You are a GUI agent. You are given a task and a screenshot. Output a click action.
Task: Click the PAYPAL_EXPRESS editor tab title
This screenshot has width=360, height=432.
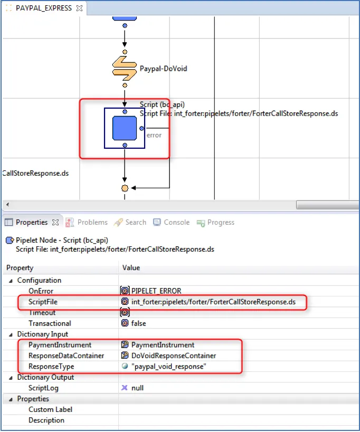point(44,8)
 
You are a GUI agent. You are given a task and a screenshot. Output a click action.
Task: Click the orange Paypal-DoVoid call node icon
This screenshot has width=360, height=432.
point(125,69)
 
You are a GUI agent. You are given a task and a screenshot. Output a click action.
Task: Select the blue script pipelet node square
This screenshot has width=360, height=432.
point(125,128)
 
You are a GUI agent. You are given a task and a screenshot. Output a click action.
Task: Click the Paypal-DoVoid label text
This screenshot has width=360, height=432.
point(163,69)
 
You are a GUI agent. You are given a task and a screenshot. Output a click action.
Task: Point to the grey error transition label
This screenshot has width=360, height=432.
point(154,135)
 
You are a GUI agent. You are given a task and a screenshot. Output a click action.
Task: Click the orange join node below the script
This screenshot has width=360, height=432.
point(125,188)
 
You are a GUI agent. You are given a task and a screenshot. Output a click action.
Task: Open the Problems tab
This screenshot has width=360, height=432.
point(92,222)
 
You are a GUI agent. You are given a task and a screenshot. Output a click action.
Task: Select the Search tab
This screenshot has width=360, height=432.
point(136,222)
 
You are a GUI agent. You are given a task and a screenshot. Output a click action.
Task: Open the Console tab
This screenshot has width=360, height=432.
point(177,222)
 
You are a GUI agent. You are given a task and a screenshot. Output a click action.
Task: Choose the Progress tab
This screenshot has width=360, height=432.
point(221,222)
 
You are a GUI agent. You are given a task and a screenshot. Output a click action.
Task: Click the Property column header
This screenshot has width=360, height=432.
point(20,267)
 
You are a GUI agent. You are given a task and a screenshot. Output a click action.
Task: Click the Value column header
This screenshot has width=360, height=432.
point(131,267)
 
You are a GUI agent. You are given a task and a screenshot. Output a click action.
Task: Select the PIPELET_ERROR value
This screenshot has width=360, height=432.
point(156,291)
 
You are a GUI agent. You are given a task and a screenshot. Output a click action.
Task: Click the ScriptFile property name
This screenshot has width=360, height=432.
point(43,302)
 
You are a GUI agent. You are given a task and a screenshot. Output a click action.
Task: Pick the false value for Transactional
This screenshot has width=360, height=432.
point(138,323)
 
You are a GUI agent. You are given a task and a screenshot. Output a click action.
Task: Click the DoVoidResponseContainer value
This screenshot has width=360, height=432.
point(174,356)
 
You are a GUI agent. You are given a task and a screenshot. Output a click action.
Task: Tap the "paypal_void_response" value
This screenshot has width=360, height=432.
point(169,367)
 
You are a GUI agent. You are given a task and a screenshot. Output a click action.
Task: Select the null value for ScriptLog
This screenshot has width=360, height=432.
point(137,388)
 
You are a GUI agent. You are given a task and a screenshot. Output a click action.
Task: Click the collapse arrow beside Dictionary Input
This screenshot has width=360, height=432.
point(11,334)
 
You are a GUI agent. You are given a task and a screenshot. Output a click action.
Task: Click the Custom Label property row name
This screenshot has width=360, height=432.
point(50,409)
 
